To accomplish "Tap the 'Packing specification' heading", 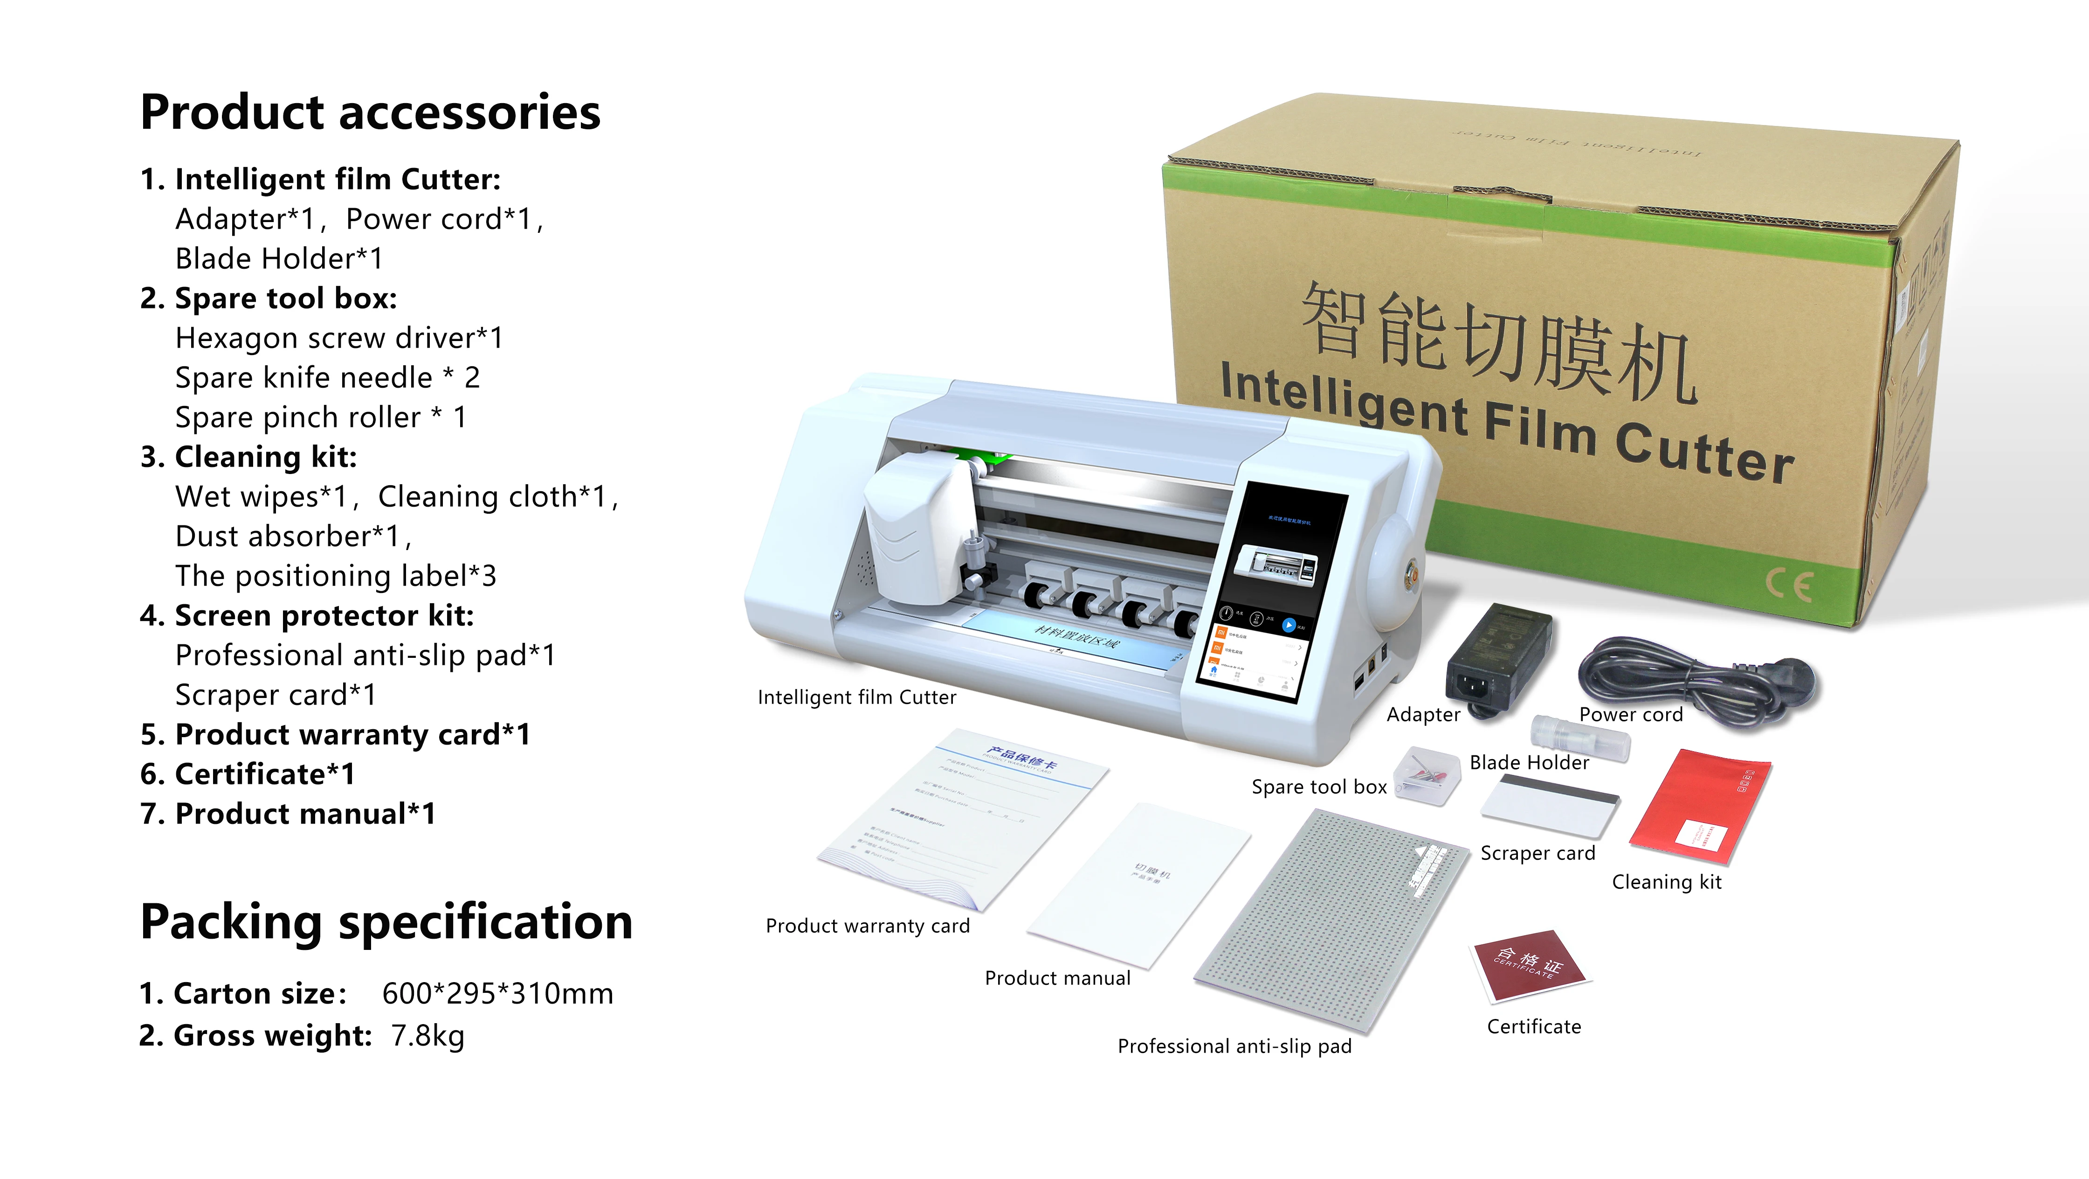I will pos(386,922).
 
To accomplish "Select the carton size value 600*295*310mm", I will pos(497,994).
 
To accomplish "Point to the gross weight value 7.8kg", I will pos(427,1036).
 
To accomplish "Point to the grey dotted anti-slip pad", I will pos(1330,921).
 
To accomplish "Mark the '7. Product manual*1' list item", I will pos(288,814).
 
